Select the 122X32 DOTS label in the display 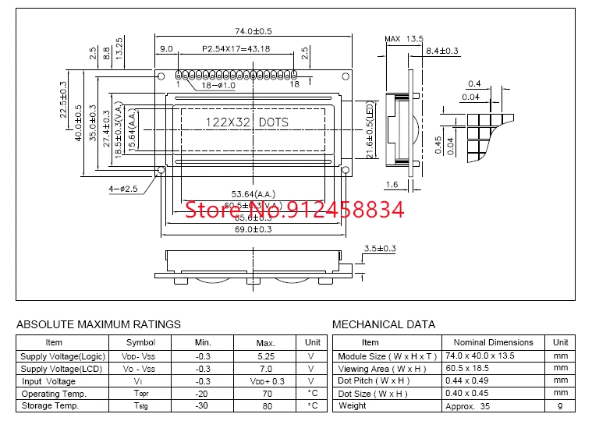tap(246, 122)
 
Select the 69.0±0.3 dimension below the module tap(252, 229)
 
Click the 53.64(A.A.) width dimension tap(253, 193)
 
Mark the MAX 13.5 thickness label tap(403, 39)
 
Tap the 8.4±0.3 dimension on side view tap(443, 51)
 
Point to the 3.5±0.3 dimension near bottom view tap(381, 249)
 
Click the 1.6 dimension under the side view tap(392, 185)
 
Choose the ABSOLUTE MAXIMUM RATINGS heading tap(98, 324)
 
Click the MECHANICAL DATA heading tap(384, 324)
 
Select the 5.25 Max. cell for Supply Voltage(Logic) tap(266, 356)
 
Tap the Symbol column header tap(141, 342)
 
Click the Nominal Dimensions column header tap(493, 342)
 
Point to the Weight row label tap(353, 405)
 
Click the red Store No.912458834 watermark tap(294, 209)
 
